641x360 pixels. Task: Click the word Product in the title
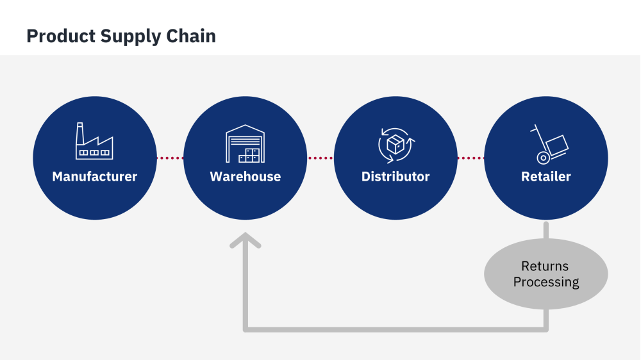pyautogui.click(x=61, y=36)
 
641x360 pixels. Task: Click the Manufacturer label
pyautogui.click(x=95, y=176)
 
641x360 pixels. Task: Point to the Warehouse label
pyautogui.click(x=246, y=176)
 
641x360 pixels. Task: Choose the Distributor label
pyautogui.click(x=395, y=176)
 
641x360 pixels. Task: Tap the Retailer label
pyautogui.click(x=546, y=176)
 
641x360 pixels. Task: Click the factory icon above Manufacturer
pyautogui.click(x=94, y=142)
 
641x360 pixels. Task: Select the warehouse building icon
pyautogui.click(x=245, y=143)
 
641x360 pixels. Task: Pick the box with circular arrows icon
pyautogui.click(x=395, y=144)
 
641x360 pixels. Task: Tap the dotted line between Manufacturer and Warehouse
pyautogui.click(x=170, y=158)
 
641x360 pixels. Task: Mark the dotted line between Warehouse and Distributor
pyautogui.click(x=320, y=158)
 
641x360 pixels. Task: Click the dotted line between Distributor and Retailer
pyautogui.click(x=470, y=158)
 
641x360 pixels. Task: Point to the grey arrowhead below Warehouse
pyautogui.click(x=246, y=241)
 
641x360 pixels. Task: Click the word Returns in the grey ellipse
pyautogui.click(x=545, y=266)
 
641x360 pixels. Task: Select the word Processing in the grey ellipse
pyautogui.click(x=546, y=282)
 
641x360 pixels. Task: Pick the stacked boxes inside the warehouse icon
pyautogui.click(x=249, y=155)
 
